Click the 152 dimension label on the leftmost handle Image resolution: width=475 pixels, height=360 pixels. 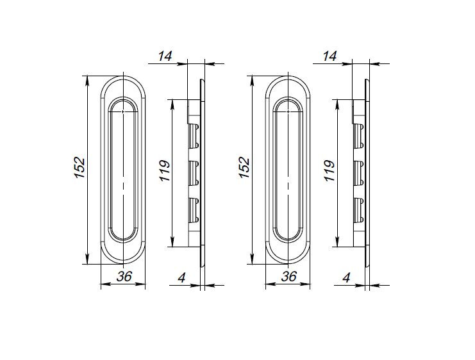point(79,168)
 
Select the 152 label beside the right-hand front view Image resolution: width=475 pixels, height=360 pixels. point(244,168)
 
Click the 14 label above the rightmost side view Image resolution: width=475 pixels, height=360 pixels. point(330,57)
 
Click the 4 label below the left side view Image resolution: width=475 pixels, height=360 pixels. point(182,277)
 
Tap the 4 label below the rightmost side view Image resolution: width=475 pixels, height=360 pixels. point(347,277)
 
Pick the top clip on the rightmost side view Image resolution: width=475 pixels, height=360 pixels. point(358,135)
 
